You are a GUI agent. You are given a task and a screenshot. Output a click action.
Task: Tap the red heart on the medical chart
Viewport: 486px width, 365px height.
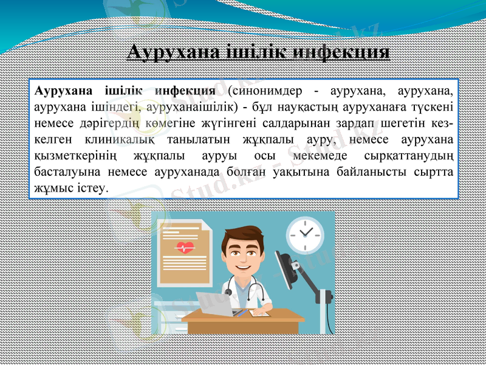185,248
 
